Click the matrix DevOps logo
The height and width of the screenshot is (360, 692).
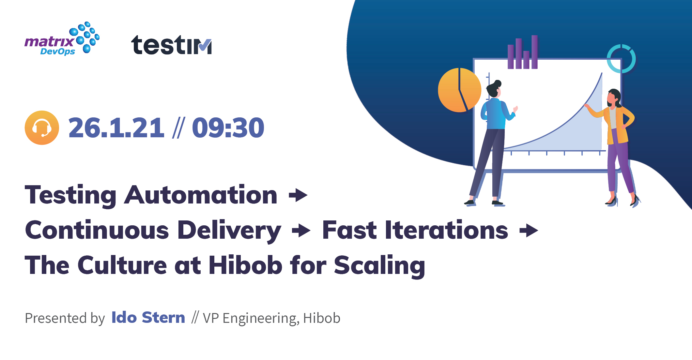(62, 39)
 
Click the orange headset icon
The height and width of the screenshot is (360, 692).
(42, 127)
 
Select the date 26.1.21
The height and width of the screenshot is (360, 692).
(116, 128)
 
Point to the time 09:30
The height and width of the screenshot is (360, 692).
(228, 128)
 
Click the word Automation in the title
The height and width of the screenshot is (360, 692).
(201, 195)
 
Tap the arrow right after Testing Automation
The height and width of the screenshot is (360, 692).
(298, 195)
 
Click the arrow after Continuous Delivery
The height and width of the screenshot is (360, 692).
(301, 231)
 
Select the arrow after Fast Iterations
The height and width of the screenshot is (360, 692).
(529, 231)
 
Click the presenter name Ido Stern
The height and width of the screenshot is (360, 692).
(148, 317)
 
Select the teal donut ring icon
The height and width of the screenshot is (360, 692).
(621, 59)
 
